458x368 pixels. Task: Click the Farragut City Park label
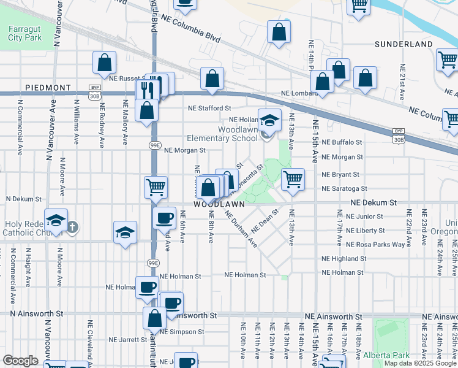tap(25, 33)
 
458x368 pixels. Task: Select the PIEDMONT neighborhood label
tap(48, 88)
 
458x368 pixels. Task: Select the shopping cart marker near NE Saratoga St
tap(293, 178)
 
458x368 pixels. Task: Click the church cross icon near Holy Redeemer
tap(72, 228)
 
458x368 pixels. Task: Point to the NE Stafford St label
tap(209, 108)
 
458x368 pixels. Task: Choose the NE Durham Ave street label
tap(241, 228)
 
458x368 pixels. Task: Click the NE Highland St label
tap(343, 259)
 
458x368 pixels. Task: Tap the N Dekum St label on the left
tap(24, 199)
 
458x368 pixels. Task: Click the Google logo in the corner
tap(20, 361)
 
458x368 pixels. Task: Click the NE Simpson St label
tap(183, 332)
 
